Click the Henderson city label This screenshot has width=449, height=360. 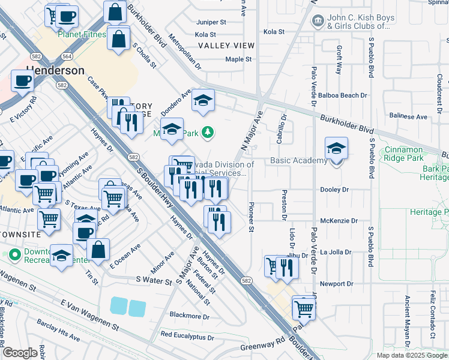[55, 70]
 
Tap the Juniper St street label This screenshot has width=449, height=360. [211, 22]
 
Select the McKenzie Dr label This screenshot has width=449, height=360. [339, 221]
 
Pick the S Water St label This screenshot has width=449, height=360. [154, 280]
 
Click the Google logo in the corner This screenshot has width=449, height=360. [20, 353]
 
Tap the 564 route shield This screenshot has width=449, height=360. [67, 56]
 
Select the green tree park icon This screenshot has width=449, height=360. [208, 131]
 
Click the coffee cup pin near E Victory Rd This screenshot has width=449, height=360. [22, 81]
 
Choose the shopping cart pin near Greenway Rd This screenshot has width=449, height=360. [304, 309]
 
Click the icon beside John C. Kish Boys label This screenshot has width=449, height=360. [317, 21]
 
